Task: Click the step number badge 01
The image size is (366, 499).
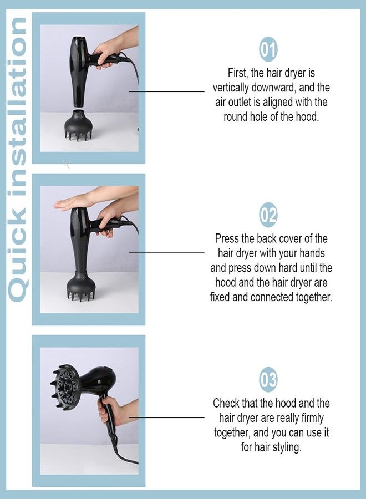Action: click(x=268, y=49)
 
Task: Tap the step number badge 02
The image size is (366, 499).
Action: click(x=268, y=215)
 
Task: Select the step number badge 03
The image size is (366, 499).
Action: click(x=268, y=379)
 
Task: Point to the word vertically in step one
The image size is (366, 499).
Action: click(x=231, y=88)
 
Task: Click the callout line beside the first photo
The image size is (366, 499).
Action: click(x=166, y=91)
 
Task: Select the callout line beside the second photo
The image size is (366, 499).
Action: click(x=166, y=253)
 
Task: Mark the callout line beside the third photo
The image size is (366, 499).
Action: click(x=166, y=417)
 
